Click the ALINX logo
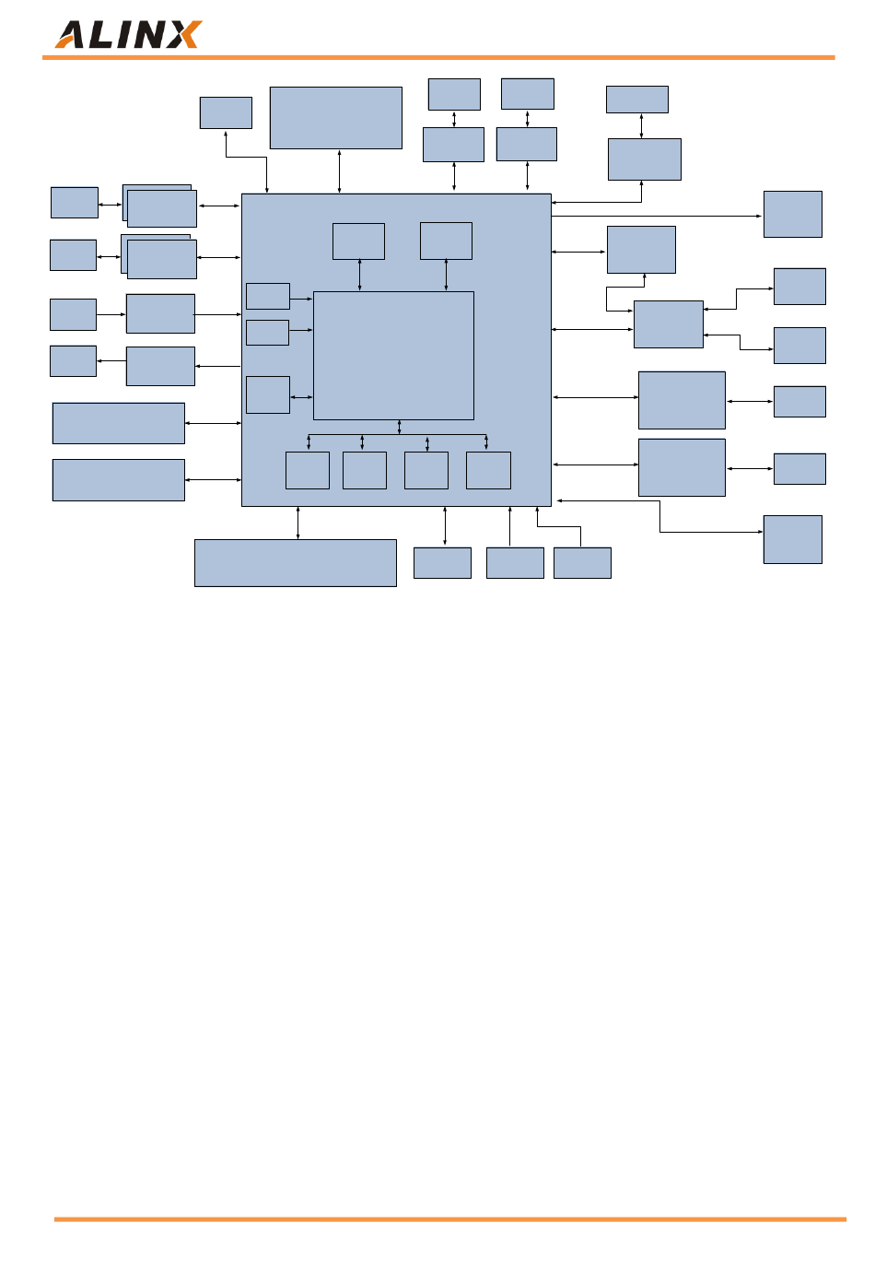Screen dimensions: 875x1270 (x=128, y=35)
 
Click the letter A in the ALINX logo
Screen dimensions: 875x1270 (x=73, y=36)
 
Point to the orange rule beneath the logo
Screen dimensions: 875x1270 (x=437, y=57)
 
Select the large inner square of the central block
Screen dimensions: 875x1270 (x=393, y=356)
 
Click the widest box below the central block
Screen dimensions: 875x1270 (x=295, y=562)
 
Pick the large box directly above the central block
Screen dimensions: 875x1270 (x=335, y=117)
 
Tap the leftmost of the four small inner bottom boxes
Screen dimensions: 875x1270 (x=307, y=470)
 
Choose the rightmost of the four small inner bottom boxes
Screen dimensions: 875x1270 (x=488, y=470)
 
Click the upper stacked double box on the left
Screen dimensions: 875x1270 (x=161, y=207)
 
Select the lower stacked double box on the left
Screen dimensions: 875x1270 (x=161, y=258)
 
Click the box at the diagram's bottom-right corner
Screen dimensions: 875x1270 (x=792, y=539)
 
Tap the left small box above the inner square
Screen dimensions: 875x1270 (x=358, y=241)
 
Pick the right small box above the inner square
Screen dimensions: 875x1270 (x=446, y=241)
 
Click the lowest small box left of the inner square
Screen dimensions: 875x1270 (x=268, y=394)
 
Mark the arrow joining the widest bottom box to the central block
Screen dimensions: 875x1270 (x=297, y=523)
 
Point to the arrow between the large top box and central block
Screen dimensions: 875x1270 (x=339, y=171)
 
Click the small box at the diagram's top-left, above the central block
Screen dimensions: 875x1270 (x=226, y=112)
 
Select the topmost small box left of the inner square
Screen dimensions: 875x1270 (x=268, y=296)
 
